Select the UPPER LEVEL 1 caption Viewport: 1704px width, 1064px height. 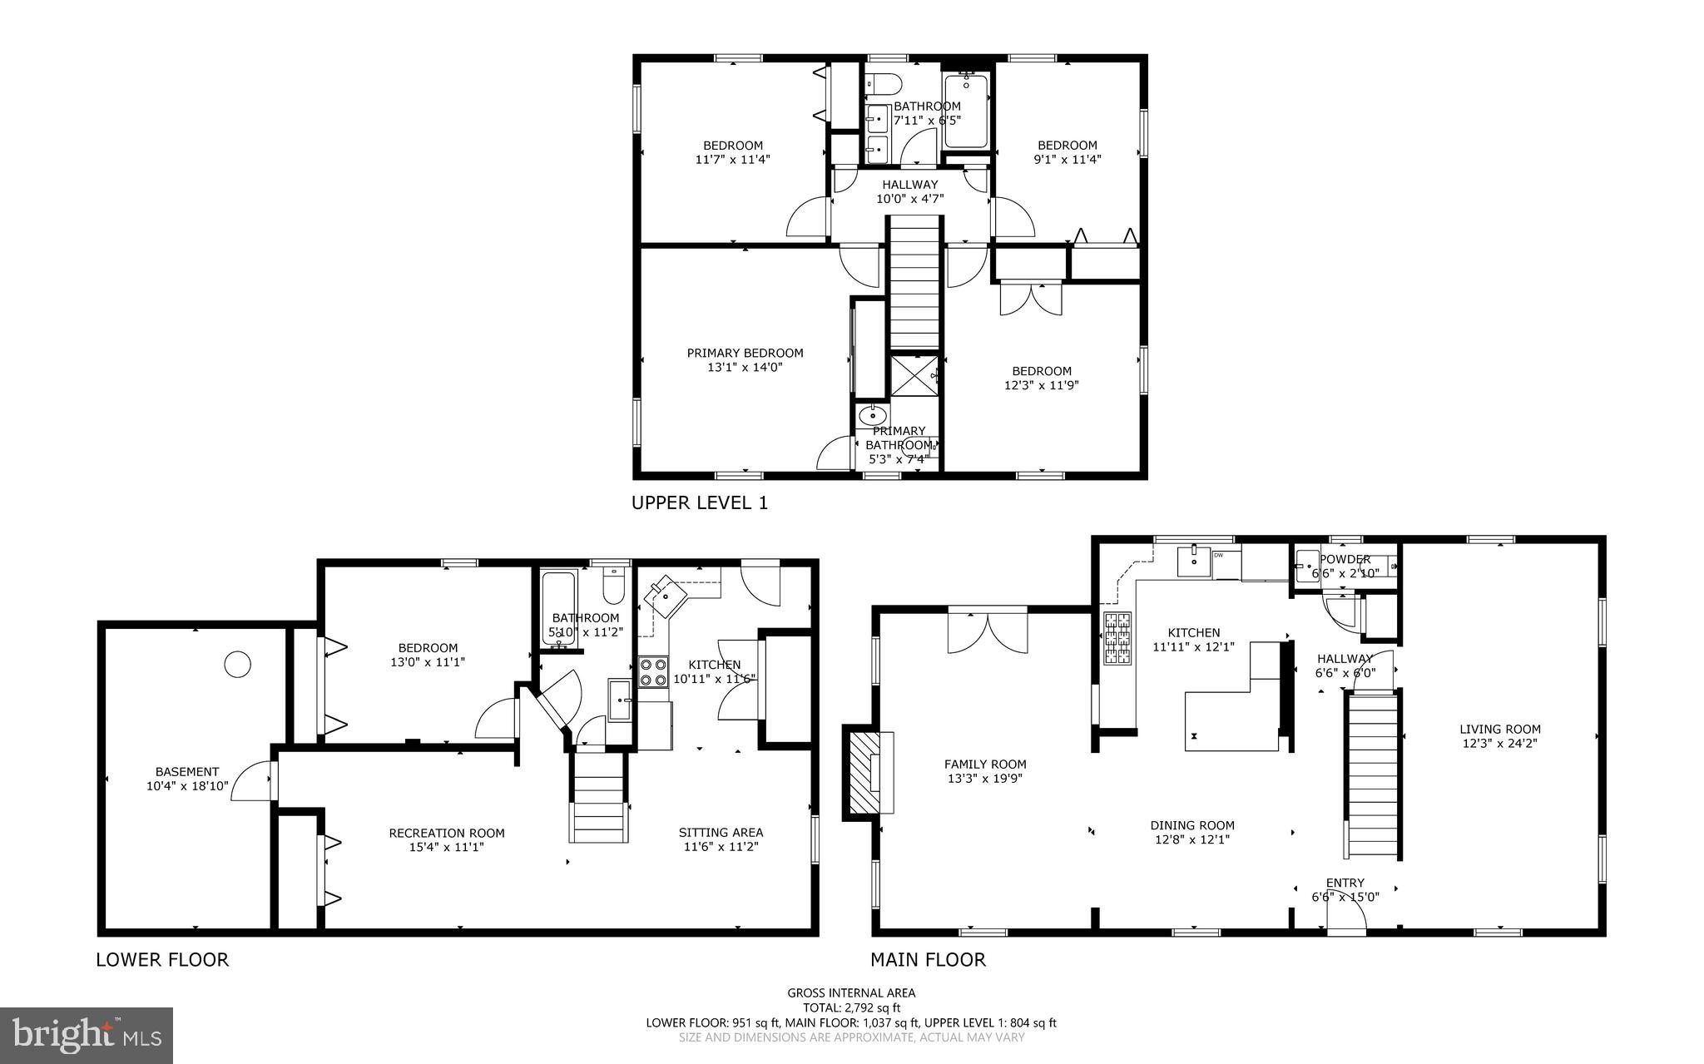tap(699, 502)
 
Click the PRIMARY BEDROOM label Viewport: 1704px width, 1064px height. tap(745, 353)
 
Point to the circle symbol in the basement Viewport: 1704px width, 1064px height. tap(237, 664)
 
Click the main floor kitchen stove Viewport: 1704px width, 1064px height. tap(1117, 638)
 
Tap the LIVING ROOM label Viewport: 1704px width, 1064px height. tap(1499, 729)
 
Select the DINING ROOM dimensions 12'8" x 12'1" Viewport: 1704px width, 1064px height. tap(1192, 840)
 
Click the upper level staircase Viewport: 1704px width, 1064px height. tap(914, 283)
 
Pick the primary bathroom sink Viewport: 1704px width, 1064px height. tap(872, 415)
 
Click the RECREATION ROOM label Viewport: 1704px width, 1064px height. tap(447, 833)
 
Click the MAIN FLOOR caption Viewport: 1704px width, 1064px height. tap(928, 959)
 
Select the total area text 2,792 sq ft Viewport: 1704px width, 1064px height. tap(851, 1007)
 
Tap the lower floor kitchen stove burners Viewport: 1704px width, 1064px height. tap(653, 671)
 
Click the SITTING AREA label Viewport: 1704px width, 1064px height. tap(721, 832)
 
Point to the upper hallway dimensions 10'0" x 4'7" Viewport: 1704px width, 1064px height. tap(909, 199)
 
